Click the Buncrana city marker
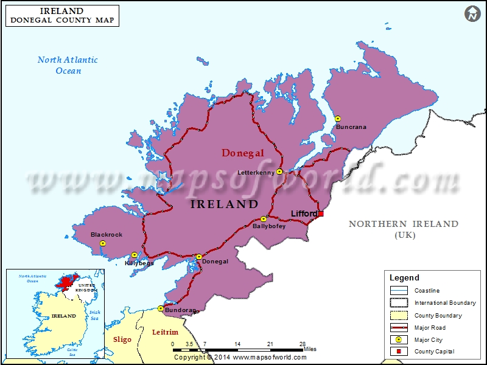pos(338,119)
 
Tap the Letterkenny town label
pos(256,173)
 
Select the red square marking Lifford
pos(321,214)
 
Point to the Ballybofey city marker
pos(264,219)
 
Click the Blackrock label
pos(107,234)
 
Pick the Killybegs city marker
pos(135,255)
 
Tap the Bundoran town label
pos(180,310)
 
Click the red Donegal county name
pos(242,153)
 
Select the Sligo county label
pos(122,339)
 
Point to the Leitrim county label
pos(165,332)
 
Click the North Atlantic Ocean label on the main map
pos(68,65)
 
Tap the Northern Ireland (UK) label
pos(403,229)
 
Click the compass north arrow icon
pos(472,13)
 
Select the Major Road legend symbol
pos(399,328)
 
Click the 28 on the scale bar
pos(303,344)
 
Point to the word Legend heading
pos(404,277)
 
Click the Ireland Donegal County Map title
pos(61,16)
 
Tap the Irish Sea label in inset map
pos(94,315)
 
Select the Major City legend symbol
pos(399,340)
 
